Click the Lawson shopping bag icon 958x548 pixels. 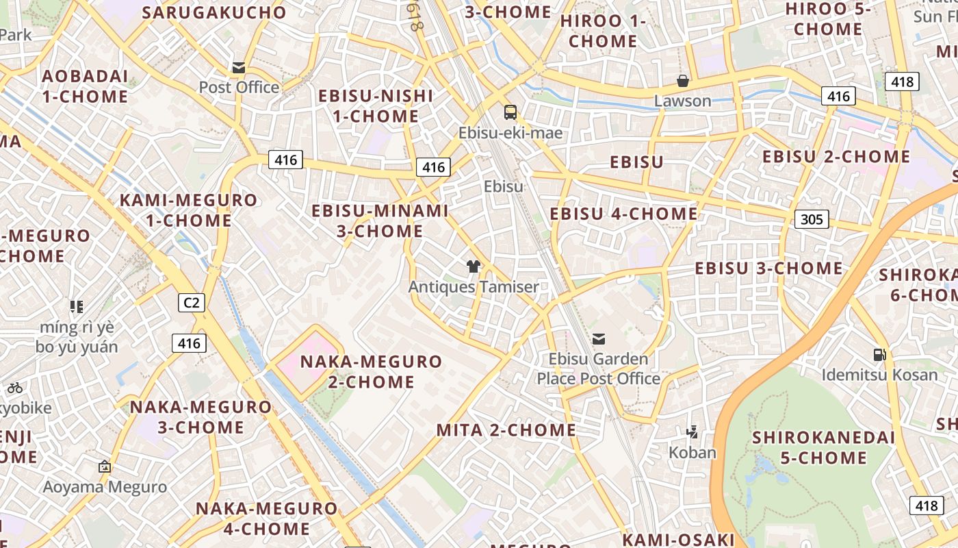[x=682, y=81]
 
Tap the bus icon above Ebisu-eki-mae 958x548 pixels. [x=510, y=112]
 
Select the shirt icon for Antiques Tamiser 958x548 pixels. [x=473, y=266]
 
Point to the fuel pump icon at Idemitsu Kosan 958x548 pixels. [x=879, y=354]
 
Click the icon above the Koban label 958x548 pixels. [x=692, y=432]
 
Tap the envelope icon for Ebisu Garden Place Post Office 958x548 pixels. [x=599, y=338]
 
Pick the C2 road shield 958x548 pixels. [x=192, y=302]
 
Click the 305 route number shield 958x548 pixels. [x=812, y=219]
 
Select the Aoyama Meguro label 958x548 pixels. [x=105, y=487]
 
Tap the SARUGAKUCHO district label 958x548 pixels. [x=214, y=12]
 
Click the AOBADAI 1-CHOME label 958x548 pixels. [x=85, y=86]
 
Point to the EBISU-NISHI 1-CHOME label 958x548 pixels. [x=376, y=105]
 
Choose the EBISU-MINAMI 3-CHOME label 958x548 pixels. [x=380, y=221]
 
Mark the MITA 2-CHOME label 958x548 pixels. [x=506, y=430]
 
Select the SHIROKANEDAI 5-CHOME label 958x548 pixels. [x=824, y=447]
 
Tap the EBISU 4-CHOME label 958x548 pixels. [x=623, y=214]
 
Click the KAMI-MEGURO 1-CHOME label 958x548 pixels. [x=189, y=210]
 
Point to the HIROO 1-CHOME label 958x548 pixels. [x=603, y=31]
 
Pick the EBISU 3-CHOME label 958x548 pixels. [x=768, y=268]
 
